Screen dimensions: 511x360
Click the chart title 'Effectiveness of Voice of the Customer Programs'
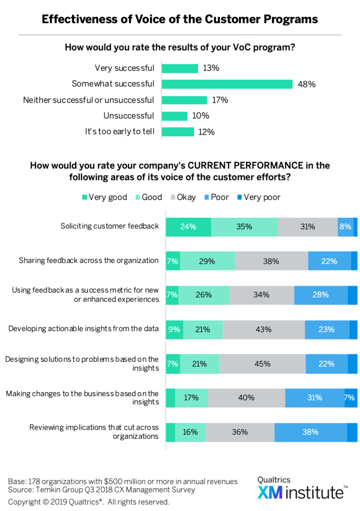[180, 19]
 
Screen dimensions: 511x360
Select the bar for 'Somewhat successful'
[227, 84]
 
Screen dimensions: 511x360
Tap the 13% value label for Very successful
[211, 68]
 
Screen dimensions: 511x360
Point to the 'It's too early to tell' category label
[119, 132]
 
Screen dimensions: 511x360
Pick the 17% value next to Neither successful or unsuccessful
[219, 100]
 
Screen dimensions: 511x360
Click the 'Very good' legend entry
[104, 197]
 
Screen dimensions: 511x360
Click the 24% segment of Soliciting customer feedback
[188, 226]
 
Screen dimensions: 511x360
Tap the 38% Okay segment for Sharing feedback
[271, 260]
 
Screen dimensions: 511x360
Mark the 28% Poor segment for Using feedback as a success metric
[321, 295]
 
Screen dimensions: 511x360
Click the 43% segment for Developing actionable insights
[264, 329]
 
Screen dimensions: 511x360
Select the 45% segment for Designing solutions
[262, 364]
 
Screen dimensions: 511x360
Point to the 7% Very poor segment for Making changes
[351, 398]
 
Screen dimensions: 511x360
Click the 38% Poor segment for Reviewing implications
[311, 432]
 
